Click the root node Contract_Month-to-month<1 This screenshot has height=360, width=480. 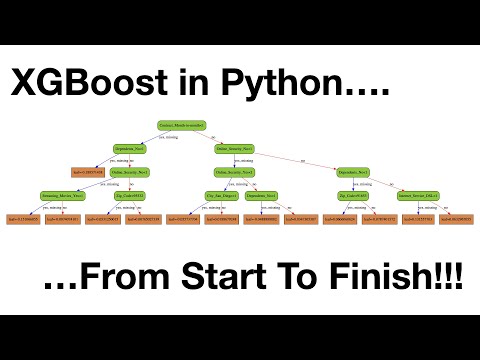pyautogui.click(x=181, y=126)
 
